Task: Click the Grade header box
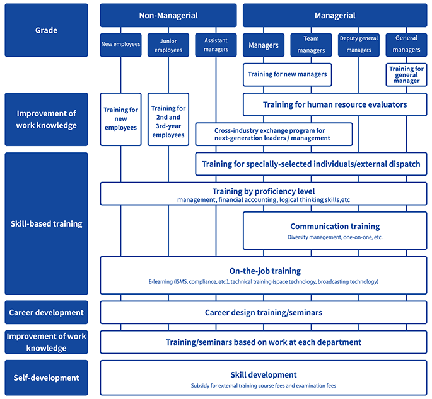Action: pyautogui.click(x=46, y=30)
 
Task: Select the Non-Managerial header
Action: pyautogui.click(x=168, y=15)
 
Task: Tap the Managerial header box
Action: pyautogui.click(x=335, y=15)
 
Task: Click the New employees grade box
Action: pyautogui.click(x=120, y=45)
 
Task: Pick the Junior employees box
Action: pyautogui.click(x=168, y=45)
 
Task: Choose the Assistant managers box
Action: pyautogui.click(x=216, y=45)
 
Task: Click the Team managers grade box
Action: pyautogui.click(x=311, y=45)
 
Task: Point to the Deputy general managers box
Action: pyautogui.click(x=359, y=45)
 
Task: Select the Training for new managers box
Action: pyautogui.click(x=288, y=75)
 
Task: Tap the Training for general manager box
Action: pyautogui.click(x=406, y=75)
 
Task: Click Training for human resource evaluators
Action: pyautogui.click(x=335, y=104)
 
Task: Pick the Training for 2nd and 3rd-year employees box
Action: pyautogui.click(x=168, y=120)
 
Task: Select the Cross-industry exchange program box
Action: pyautogui.click(x=274, y=134)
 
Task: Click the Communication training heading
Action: pyautogui.click(x=335, y=227)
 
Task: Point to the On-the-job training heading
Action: pyautogui.click(x=265, y=271)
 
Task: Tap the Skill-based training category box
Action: pyautogui.click(x=46, y=223)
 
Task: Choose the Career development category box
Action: pyautogui.click(x=46, y=312)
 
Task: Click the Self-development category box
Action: pyautogui.click(x=46, y=378)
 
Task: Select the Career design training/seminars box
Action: pyautogui.click(x=264, y=312)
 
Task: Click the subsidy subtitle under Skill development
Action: pyautogui.click(x=264, y=386)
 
